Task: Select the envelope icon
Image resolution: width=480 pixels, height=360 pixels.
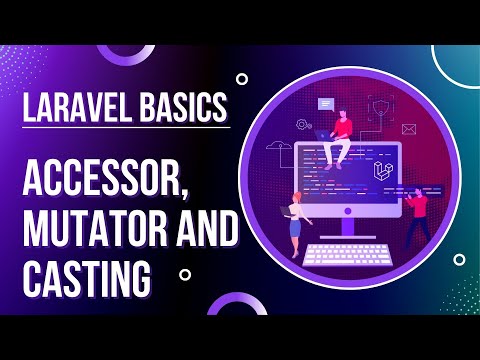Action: tap(408, 129)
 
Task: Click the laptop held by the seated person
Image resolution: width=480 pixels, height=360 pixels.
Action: tap(326, 134)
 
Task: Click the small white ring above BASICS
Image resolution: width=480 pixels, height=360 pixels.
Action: tap(242, 78)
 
